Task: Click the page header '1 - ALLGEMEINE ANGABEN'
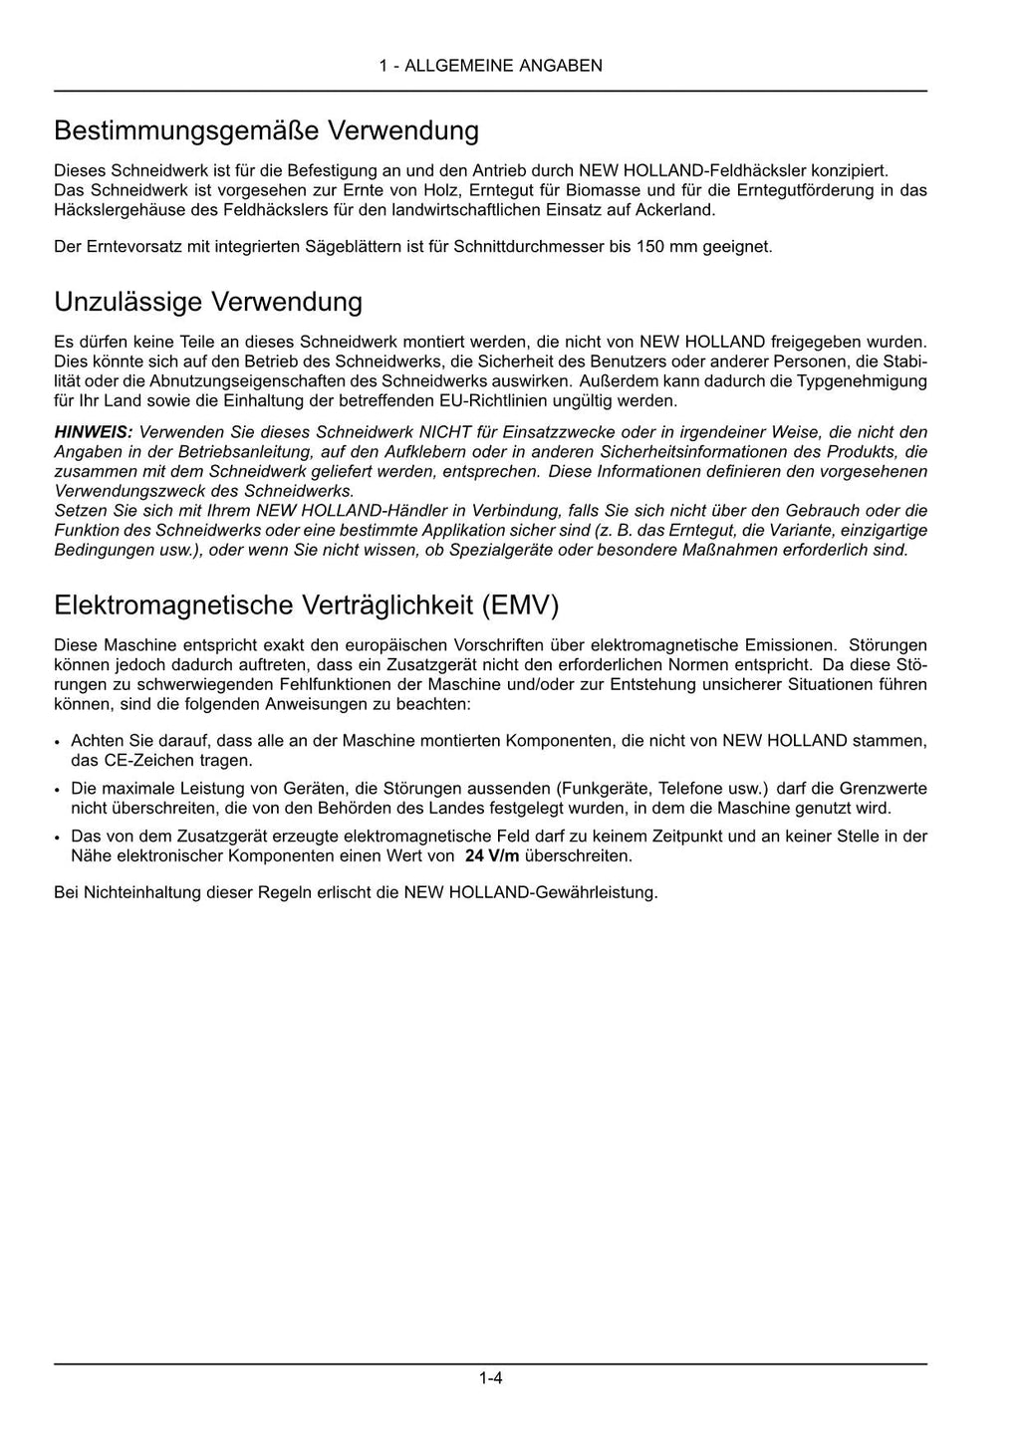[490, 66]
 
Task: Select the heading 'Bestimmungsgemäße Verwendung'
[266, 130]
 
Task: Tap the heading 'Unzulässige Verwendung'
[208, 301]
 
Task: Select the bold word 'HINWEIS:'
[93, 432]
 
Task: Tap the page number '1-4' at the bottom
[490, 1379]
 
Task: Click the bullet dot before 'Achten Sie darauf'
[59, 742]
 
